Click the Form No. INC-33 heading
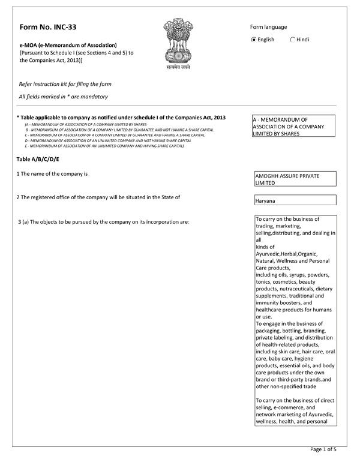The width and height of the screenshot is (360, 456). [48, 28]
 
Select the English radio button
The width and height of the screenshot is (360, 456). [254, 40]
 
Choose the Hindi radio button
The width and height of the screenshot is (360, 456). [293, 40]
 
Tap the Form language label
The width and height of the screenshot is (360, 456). [268, 27]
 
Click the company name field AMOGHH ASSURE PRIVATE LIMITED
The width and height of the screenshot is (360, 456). [295, 179]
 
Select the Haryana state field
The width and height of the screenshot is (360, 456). [295, 200]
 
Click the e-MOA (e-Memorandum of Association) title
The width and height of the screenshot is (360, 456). [68, 45]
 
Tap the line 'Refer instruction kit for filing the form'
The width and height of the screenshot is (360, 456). [65, 84]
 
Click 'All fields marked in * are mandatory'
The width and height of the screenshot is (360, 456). [63, 97]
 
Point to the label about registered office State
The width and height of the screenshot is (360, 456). [99, 197]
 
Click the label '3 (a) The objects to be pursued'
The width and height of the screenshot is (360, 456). [104, 222]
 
